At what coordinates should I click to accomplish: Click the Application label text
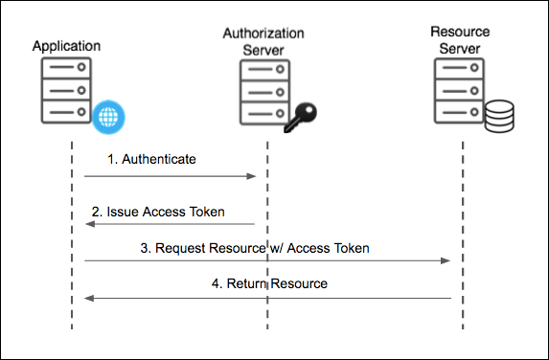(66, 45)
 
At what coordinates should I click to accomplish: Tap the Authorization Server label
(263, 39)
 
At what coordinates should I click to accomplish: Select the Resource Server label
(462, 39)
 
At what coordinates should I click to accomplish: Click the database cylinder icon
(498, 118)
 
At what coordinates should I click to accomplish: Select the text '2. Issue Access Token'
(158, 211)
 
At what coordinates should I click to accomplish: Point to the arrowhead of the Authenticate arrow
(252, 176)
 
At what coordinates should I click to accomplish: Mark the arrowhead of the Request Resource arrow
(446, 260)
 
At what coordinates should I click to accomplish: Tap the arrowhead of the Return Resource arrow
(88, 299)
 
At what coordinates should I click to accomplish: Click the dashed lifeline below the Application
(72, 316)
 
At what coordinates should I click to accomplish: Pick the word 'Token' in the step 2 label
(207, 211)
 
